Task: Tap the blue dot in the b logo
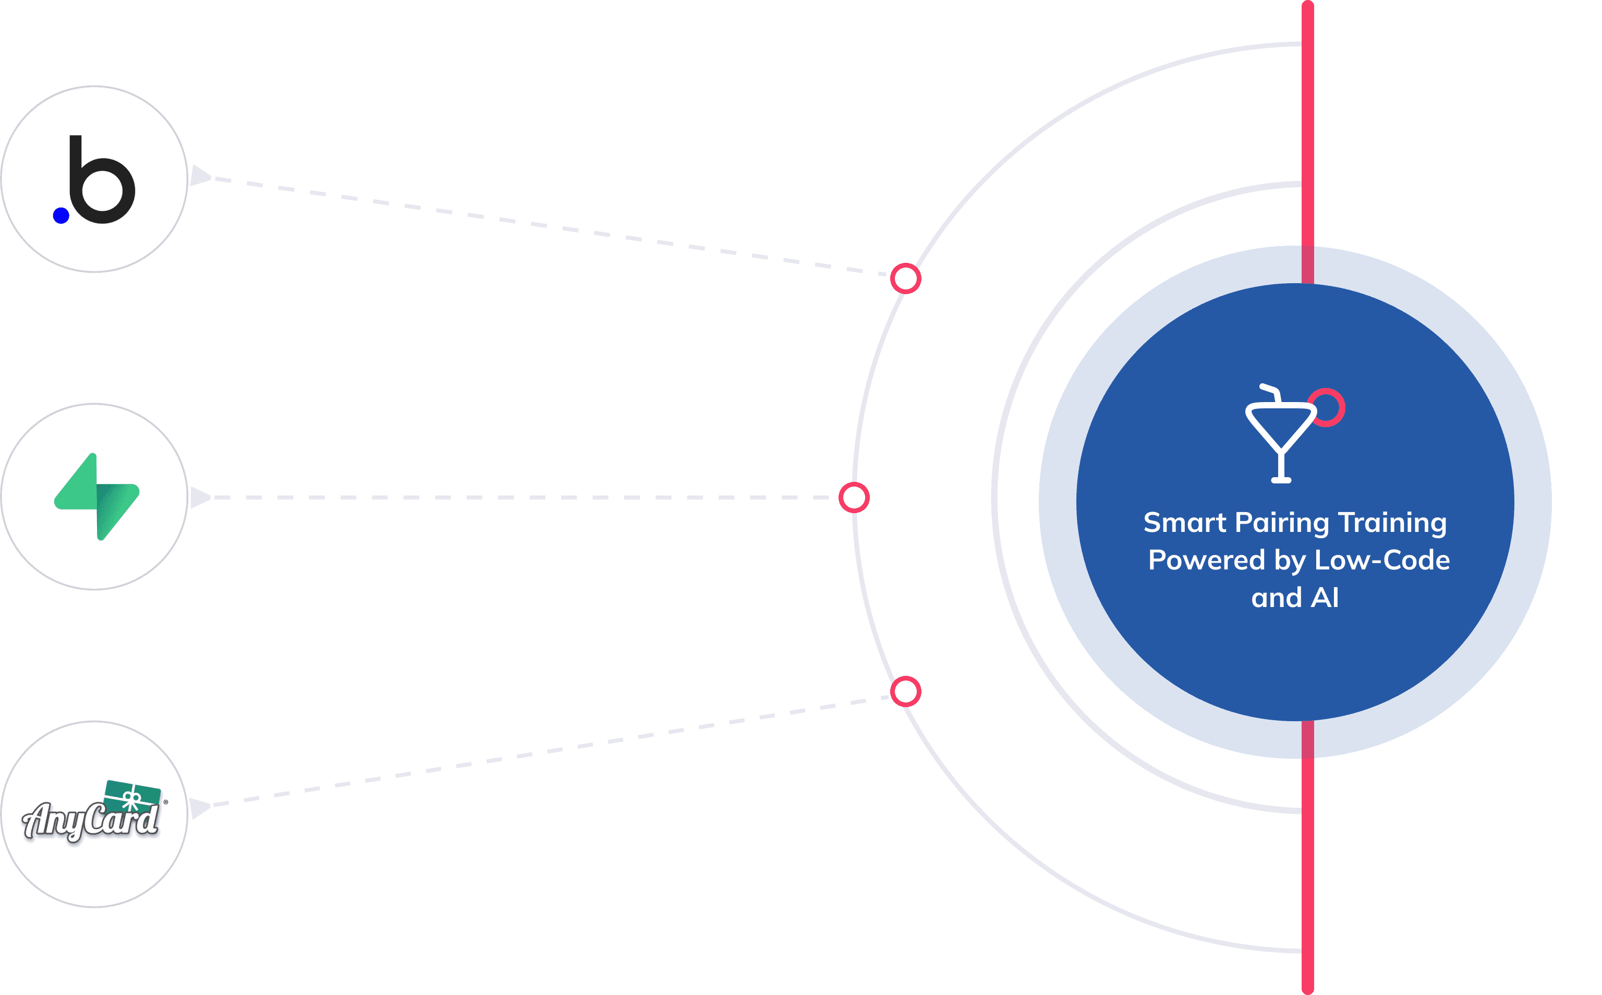pos(61,215)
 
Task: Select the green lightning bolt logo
pos(96,497)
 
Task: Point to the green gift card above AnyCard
pos(133,797)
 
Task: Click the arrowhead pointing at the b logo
pos(199,176)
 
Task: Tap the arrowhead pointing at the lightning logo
pos(199,497)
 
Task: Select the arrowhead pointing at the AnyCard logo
pos(199,807)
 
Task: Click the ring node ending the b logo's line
pos(905,279)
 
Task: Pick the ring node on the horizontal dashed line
pos(854,497)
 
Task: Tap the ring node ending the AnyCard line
pos(905,691)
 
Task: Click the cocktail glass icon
pos(1280,438)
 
